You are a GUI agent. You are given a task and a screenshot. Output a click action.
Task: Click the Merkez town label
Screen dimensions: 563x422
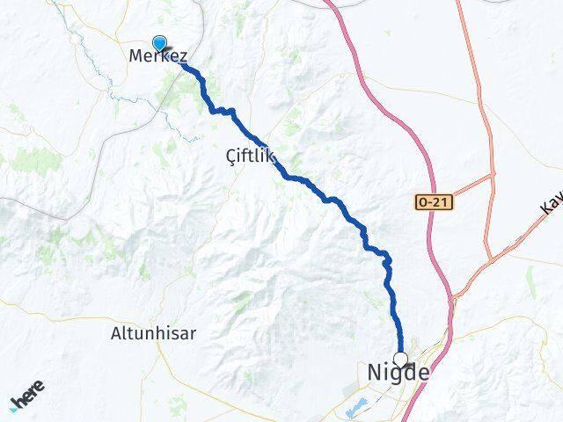click(x=158, y=56)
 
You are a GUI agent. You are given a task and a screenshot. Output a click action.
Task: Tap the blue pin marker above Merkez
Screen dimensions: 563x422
click(x=159, y=42)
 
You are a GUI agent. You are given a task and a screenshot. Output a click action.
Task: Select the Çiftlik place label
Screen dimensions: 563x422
click(x=250, y=157)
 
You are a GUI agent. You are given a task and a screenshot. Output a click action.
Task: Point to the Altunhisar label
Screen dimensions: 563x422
click(x=154, y=333)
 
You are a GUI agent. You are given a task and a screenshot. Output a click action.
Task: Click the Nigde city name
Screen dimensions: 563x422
click(x=398, y=374)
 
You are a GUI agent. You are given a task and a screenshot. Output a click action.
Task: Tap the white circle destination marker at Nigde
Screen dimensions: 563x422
click(x=401, y=359)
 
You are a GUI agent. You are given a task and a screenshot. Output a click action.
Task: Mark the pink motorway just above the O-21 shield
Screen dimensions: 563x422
click(x=428, y=176)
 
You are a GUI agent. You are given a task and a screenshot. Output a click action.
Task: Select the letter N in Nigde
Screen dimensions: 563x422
click(x=374, y=374)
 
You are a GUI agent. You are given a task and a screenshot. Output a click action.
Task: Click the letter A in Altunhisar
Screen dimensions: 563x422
click(x=117, y=333)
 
